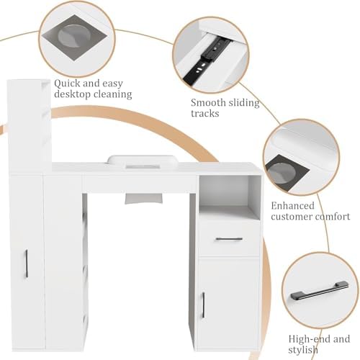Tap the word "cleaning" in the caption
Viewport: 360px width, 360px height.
[112, 94]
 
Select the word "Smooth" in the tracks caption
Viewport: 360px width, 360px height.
[208, 103]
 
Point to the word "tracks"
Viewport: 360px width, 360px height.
[205, 114]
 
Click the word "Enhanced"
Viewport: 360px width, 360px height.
[292, 206]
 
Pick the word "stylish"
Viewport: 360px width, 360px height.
[303, 349]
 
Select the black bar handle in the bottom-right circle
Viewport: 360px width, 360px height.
[320, 290]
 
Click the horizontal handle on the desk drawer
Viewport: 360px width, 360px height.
[229, 239]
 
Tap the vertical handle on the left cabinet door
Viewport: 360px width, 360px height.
[27, 264]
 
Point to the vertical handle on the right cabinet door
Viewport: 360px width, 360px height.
[203, 305]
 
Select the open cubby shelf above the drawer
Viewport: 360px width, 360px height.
[230, 194]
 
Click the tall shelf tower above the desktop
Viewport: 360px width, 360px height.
[30, 126]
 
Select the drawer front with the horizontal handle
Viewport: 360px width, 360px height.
[229, 239]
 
